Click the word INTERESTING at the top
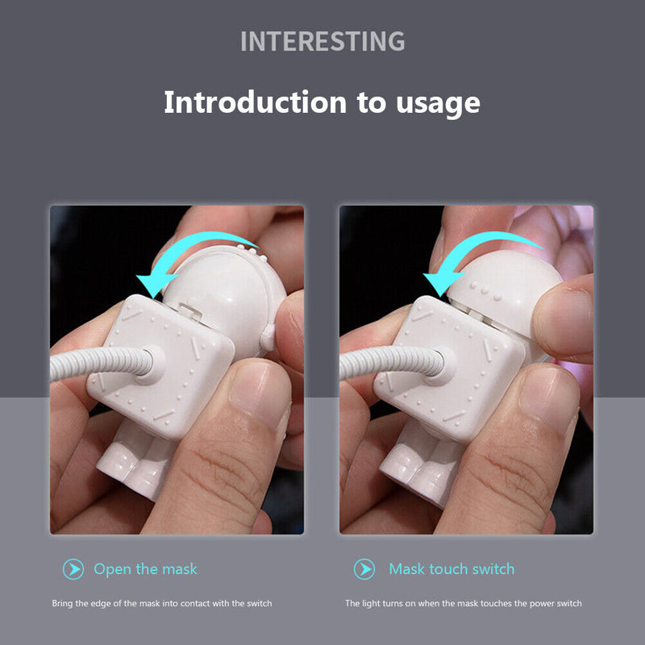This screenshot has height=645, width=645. pos(322,41)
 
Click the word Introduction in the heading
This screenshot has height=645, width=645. pos(255,102)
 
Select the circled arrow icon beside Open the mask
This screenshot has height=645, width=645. pos(73,569)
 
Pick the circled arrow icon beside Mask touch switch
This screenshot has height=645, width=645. pos(364,569)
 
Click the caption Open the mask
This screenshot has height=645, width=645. pos(145,569)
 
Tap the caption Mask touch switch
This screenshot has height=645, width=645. pos(451,569)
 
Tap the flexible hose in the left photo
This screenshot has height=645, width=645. pos(102,363)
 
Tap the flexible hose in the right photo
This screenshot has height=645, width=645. pos(392,363)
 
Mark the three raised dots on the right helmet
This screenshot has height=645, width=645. pos(485,290)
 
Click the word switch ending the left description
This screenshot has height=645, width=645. pos(259,603)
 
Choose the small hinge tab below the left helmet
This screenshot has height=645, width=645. pos(190,310)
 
